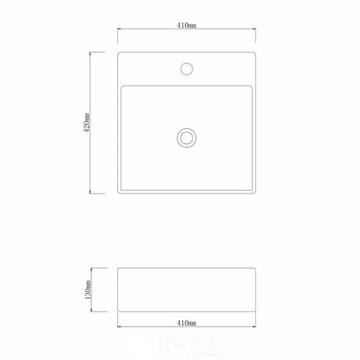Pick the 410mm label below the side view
187,321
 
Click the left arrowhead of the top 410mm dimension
119,32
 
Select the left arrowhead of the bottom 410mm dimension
119,327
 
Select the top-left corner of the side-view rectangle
118,267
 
